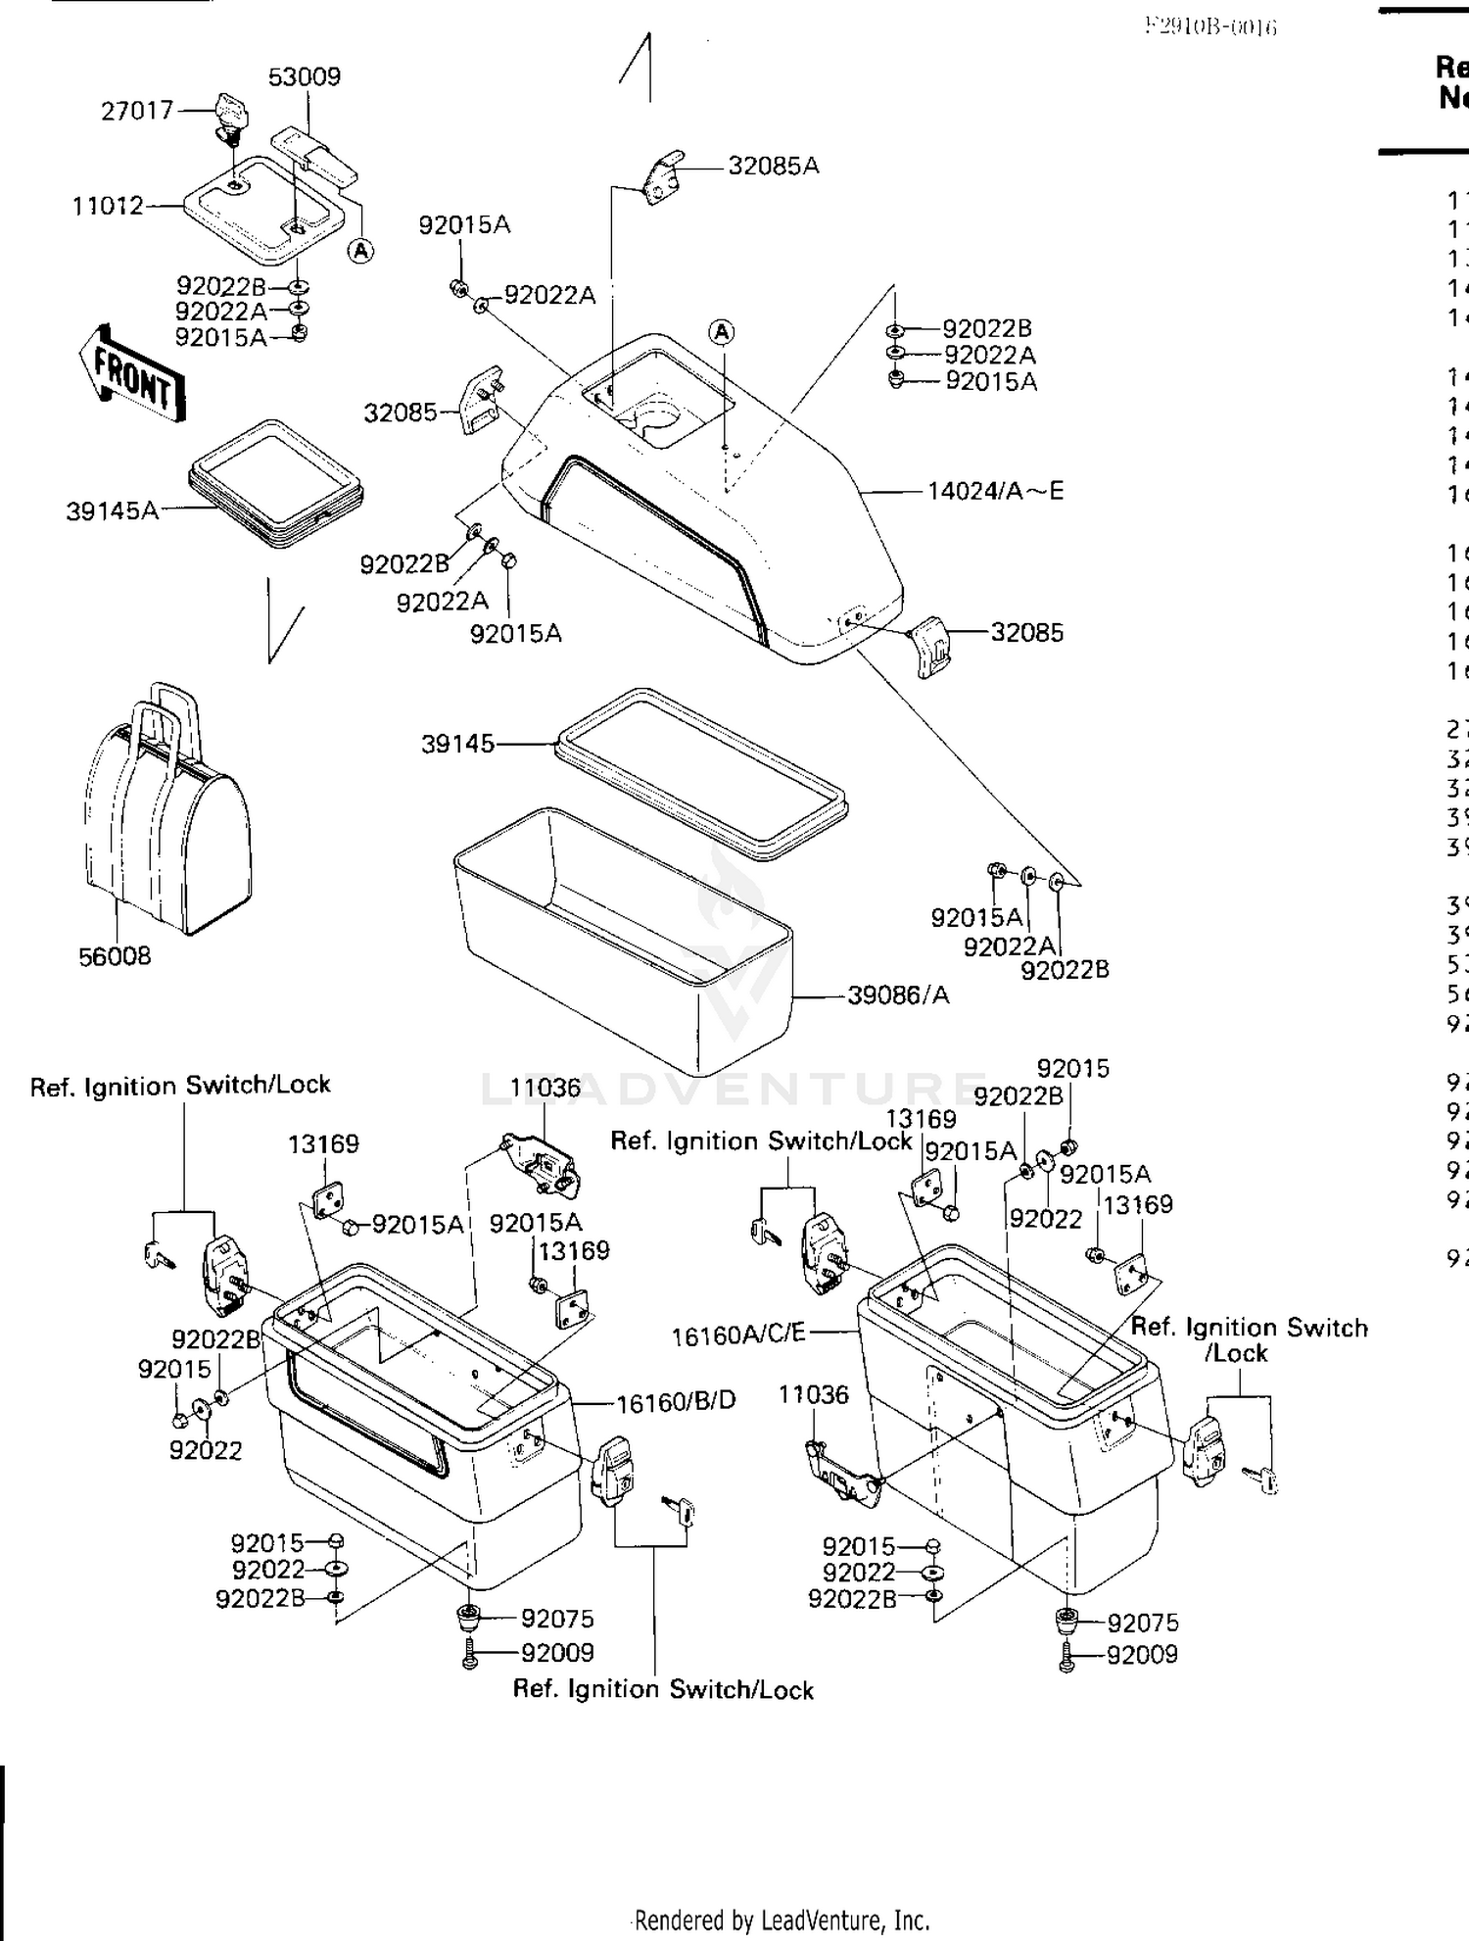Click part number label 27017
(x=137, y=111)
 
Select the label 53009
(x=305, y=76)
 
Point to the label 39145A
(x=112, y=510)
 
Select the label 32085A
(x=773, y=166)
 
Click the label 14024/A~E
(x=995, y=490)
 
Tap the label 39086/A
(x=898, y=995)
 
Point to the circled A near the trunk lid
(x=722, y=332)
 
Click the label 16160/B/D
(x=676, y=1401)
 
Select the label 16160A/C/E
(x=738, y=1334)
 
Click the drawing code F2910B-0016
(x=1211, y=26)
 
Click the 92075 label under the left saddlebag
(x=557, y=1619)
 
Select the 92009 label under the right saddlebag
(x=1142, y=1654)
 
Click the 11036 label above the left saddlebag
(x=545, y=1088)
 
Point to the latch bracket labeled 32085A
(x=663, y=176)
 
